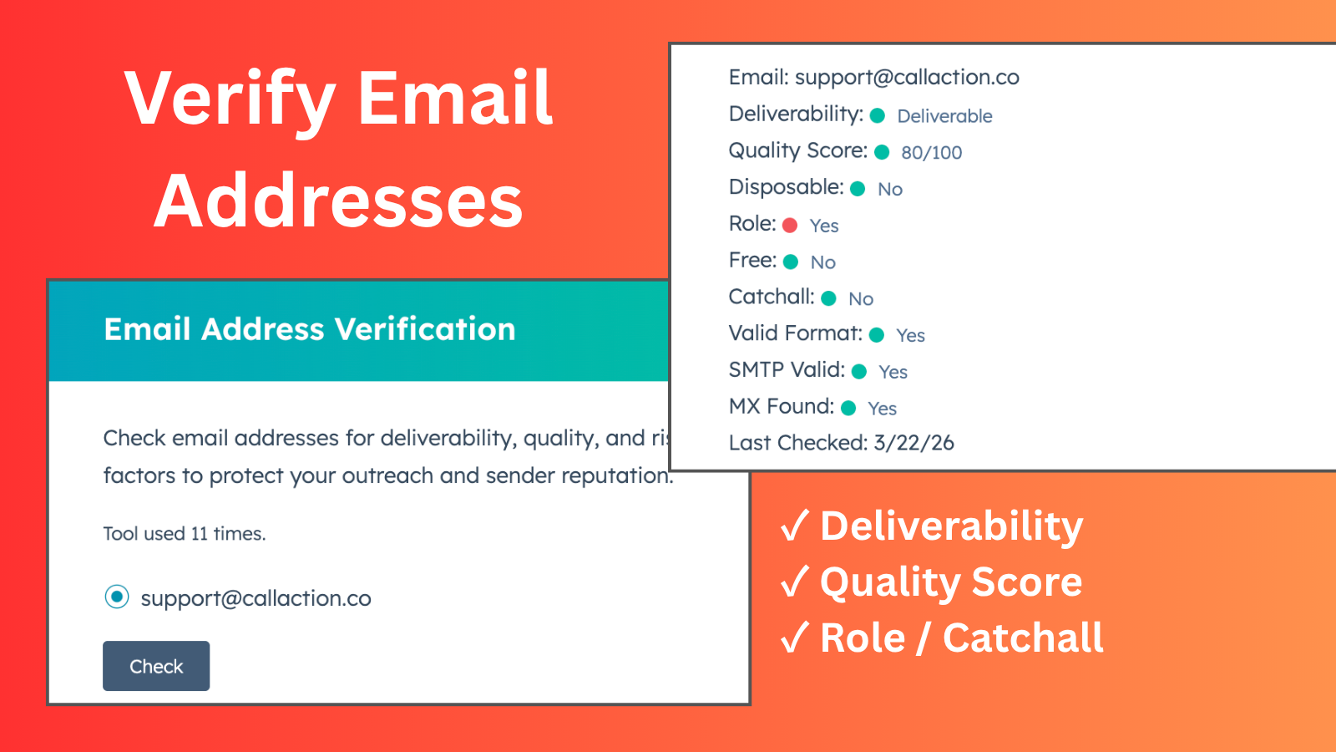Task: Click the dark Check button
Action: click(x=156, y=666)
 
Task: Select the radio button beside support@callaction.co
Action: click(x=117, y=597)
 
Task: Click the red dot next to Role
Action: click(x=790, y=225)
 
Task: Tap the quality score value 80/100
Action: click(x=931, y=152)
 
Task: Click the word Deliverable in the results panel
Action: click(x=944, y=116)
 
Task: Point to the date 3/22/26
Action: click(x=913, y=443)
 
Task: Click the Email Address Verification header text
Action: click(x=310, y=329)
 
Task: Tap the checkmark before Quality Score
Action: click(x=794, y=582)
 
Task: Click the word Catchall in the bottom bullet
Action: click(x=1023, y=638)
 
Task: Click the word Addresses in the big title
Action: click(x=338, y=201)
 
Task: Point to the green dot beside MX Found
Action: click(x=848, y=408)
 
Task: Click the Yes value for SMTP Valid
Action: click(x=893, y=372)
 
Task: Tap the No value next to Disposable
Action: click(x=890, y=189)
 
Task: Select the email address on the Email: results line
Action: click(x=907, y=78)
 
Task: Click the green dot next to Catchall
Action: click(x=828, y=298)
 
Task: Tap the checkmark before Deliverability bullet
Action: click(x=794, y=526)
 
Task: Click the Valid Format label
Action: click(x=794, y=333)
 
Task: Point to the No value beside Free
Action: click(x=822, y=262)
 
